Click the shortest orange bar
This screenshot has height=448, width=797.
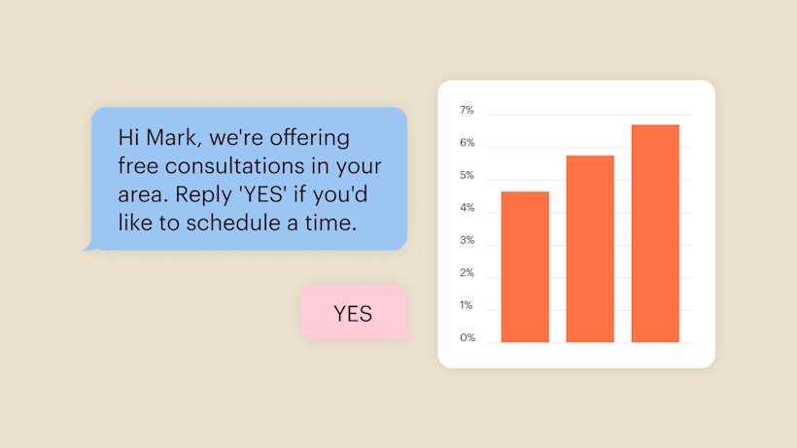(525, 266)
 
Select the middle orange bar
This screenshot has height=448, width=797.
(590, 249)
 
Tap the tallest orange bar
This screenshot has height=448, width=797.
(655, 233)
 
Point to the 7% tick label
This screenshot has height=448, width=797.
(467, 110)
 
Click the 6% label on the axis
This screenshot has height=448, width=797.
(468, 142)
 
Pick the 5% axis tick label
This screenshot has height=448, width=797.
(467, 175)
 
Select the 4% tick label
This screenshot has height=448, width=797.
(468, 208)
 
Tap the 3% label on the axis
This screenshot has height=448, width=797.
(468, 240)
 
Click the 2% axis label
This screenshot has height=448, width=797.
(467, 273)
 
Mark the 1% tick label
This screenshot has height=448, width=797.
(467, 305)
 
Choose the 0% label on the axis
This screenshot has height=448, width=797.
(468, 338)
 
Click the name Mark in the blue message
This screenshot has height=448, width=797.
(172, 137)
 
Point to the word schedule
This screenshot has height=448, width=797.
(233, 223)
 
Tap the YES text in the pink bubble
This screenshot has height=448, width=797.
(353, 314)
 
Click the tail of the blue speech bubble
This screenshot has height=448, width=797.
(90, 245)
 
